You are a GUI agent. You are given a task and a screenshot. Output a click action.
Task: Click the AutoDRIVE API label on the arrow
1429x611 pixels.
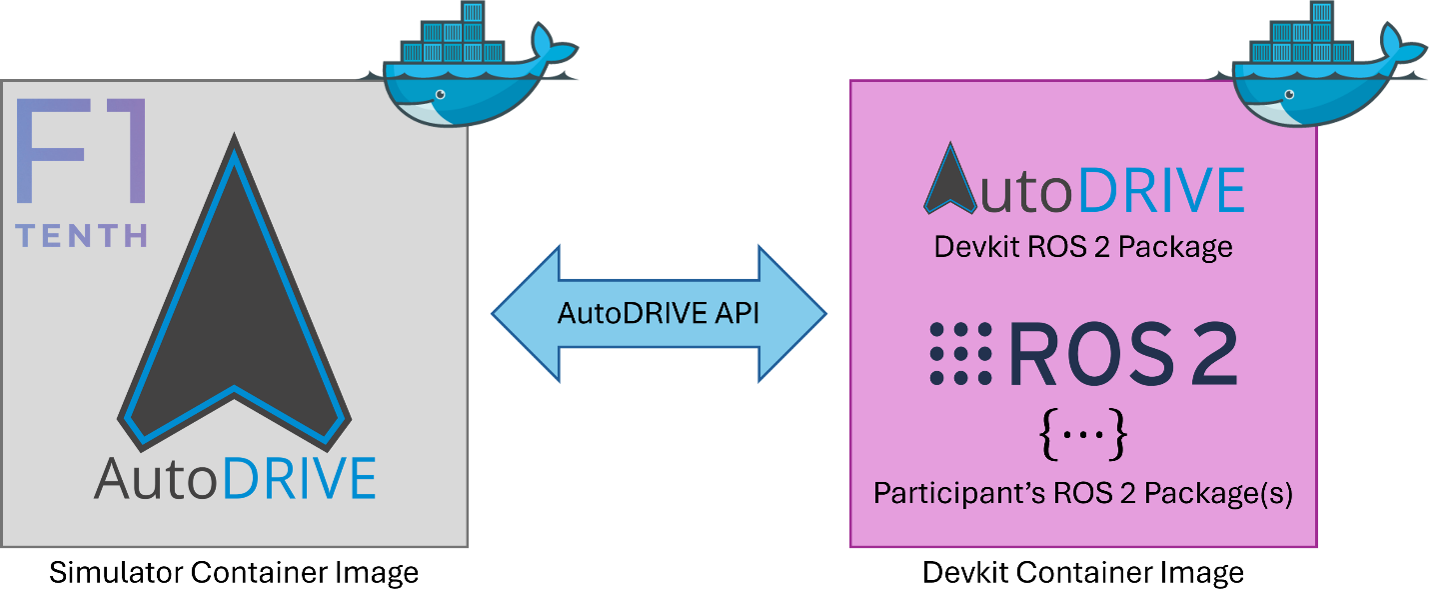tap(659, 313)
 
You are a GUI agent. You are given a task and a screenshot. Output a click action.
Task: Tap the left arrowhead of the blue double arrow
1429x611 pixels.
tap(522, 313)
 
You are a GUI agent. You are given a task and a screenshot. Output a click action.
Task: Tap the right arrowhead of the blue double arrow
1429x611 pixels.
tap(795, 313)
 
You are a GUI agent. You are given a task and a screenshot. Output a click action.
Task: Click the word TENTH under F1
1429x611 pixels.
tap(83, 236)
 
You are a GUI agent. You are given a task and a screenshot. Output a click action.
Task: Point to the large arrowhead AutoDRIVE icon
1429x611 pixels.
tap(234, 310)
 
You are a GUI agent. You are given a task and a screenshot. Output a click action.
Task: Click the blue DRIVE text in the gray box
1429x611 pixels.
tap(300, 478)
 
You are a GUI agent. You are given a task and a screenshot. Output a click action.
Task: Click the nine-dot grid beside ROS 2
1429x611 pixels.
tap(960, 353)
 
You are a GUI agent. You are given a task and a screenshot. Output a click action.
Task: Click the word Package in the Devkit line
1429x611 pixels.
tap(1175, 247)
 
